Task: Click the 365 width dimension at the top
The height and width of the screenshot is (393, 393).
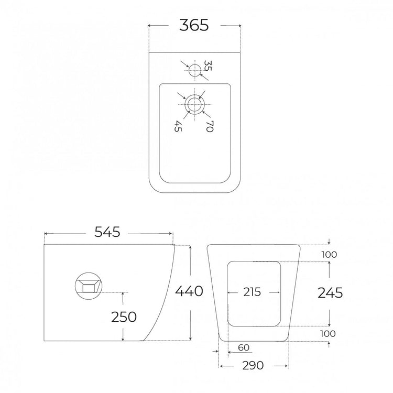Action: pyautogui.click(x=194, y=25)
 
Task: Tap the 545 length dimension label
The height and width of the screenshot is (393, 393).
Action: pyautogui.click(x=107, y=232)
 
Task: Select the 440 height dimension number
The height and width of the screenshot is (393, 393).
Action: pyautogui.click(x=189, y=291)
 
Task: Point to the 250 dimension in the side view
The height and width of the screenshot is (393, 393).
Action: pyautogui.click(x=124, y=317)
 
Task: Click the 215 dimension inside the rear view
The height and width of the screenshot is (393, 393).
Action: pyautogui.click(x=252, y=292)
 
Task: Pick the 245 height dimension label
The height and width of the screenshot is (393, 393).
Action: pyautogui.click(x=330, y=292)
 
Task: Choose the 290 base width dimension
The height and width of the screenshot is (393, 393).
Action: pyautogui.click(x=253, y=365)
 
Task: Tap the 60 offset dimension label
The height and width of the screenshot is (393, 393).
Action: pyautogui.click(x=244, y=347)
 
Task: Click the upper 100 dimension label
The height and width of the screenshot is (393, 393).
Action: pyautogui.click(x=330, y=255)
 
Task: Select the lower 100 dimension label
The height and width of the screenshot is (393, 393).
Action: pyautogui.click(x=328, y=334)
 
